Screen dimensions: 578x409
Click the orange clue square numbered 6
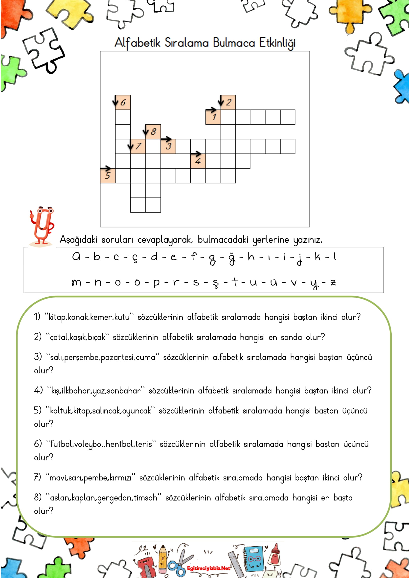123,102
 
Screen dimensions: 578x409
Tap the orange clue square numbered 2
228,102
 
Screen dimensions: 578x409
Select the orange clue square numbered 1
213,117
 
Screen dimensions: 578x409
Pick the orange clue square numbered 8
153,132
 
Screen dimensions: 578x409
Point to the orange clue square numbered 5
108,176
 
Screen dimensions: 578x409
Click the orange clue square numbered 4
198,161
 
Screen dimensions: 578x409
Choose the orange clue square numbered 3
168,146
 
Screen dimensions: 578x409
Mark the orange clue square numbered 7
138,146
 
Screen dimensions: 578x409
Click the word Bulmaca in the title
234,43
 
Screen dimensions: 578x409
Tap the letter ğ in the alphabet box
232,258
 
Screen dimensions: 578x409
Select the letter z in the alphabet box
333,282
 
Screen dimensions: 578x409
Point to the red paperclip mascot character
42,226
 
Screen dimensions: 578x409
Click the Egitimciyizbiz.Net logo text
208,568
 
